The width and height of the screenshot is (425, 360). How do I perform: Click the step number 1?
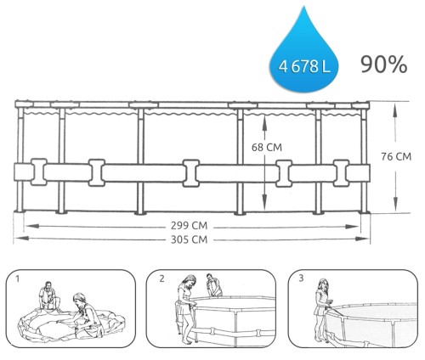click(18, 278)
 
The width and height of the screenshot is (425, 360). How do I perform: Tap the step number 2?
click(161, 278)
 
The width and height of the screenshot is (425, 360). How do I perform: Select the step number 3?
click(301, 278)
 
